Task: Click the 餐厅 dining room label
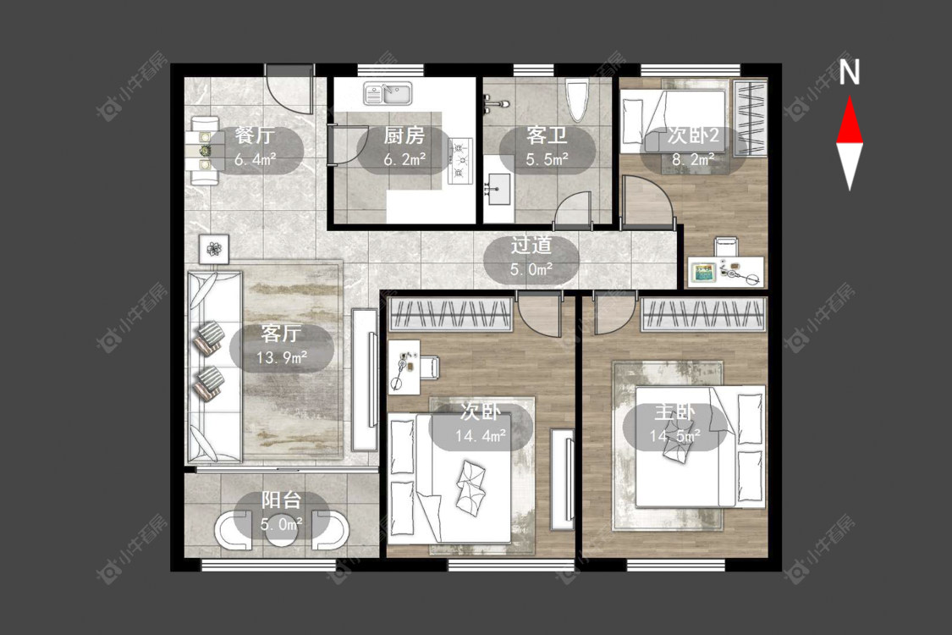[255, 135]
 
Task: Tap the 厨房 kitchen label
[404, 135]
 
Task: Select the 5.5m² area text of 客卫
[547, 159]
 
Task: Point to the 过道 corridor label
[531, 245]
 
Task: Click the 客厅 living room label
[281, 333]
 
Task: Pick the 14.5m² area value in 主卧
[674, 436]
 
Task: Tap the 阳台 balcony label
[281, 500]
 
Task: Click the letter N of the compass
[850, 71]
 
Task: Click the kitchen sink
[388, 94]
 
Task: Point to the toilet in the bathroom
[577, 98]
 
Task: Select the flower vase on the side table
[214, 249]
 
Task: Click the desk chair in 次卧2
[726, 246]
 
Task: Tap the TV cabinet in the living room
[364, 380]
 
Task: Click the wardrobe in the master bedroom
[704, 314]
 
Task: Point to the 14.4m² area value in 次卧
[481, 436]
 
